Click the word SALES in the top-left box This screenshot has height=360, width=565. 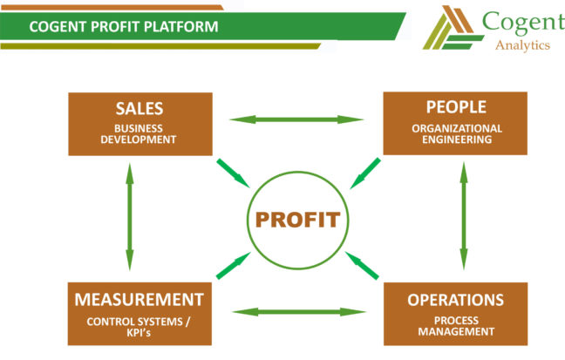140,109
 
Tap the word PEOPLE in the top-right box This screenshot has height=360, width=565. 455,107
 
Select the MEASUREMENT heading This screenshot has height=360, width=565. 140,300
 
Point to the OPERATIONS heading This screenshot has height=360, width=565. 455,300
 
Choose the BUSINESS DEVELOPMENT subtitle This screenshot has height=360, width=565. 140,133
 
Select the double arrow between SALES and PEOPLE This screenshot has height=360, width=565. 297,119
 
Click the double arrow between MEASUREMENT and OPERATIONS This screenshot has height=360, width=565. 297,311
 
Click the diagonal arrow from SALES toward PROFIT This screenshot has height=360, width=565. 231,172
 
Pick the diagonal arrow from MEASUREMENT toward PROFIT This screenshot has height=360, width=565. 231,265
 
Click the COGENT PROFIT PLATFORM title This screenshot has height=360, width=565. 123,26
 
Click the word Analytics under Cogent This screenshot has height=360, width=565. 521,45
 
